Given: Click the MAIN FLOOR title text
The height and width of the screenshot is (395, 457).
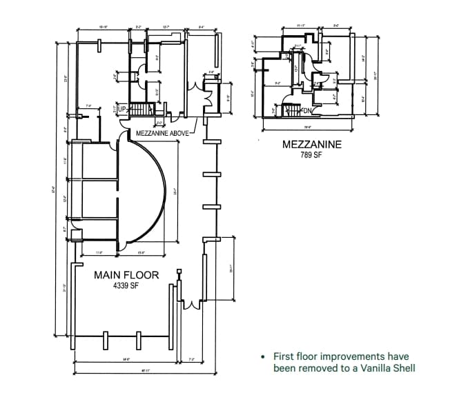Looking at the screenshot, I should click(126, 275).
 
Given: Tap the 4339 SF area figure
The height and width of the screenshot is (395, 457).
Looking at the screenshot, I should click(126, 286).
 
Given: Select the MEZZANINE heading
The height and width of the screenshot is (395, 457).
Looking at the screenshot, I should click(312, 145).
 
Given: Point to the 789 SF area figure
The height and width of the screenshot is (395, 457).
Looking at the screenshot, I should click(312, 156).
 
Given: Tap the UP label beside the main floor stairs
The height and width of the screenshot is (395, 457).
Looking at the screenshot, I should click(122, 110).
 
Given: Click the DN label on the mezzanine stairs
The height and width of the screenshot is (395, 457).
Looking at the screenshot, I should click(308, 110).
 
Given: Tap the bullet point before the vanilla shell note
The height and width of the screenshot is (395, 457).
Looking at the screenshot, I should click(262, 357).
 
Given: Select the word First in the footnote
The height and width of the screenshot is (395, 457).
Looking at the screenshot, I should click(284, 356).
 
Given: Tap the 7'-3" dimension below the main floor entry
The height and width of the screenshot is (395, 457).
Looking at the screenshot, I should click(191, 359).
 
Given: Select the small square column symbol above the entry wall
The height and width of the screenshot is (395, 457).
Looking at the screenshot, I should click(179, 273).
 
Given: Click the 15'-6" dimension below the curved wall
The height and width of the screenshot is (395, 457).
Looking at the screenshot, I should click(140, 253).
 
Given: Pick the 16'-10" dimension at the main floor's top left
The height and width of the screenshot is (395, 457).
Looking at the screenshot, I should click(103, 28).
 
